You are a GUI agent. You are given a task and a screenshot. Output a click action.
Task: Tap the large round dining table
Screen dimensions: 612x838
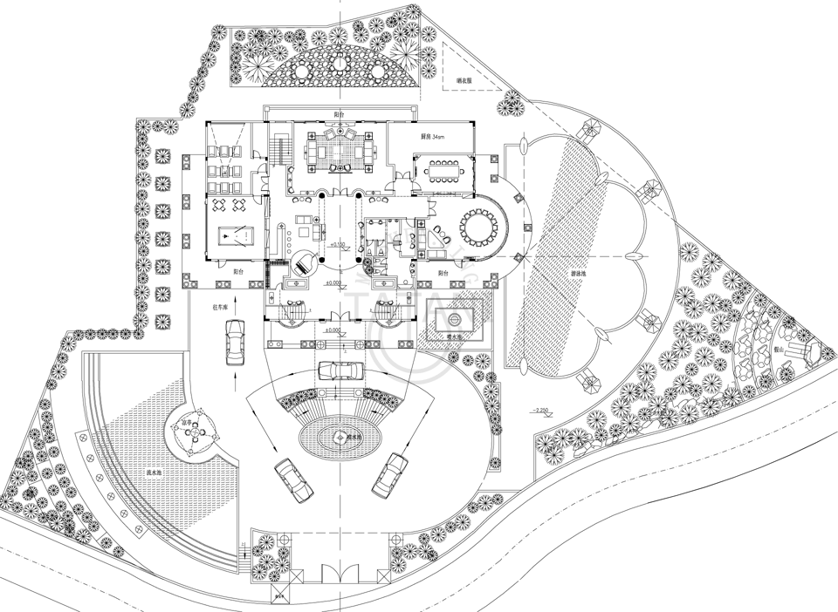477,228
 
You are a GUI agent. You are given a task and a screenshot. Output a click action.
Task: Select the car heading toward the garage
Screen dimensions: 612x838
234,343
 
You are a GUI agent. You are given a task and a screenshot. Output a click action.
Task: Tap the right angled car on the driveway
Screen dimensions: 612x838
389,475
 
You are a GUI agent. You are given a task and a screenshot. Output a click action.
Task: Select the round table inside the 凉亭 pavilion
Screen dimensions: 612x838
194,432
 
